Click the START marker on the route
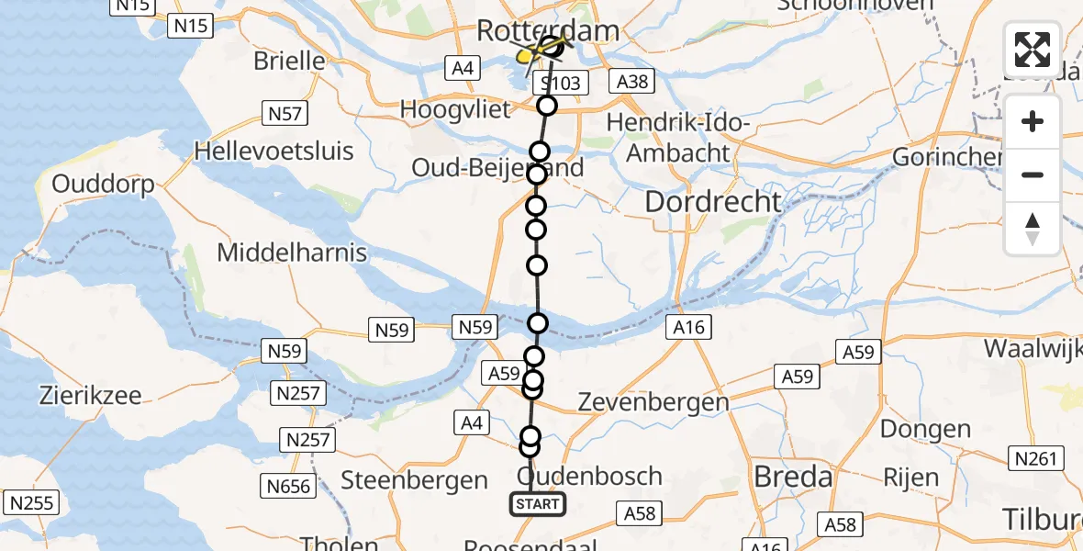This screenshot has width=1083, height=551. point(538,504)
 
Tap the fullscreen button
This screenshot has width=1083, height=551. point(1033,50)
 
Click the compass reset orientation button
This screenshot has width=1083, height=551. point(1033,229)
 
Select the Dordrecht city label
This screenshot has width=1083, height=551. point(713,202)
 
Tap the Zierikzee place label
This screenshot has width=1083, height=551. point(90,396)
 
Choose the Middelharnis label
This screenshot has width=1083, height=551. point(292,253)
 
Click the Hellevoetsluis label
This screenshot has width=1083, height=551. point(275,151)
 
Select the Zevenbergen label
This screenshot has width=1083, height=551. point(654,401)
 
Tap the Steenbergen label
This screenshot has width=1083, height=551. point(415,479)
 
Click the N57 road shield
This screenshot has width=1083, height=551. point(286,114)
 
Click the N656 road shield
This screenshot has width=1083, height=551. point(287,485)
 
